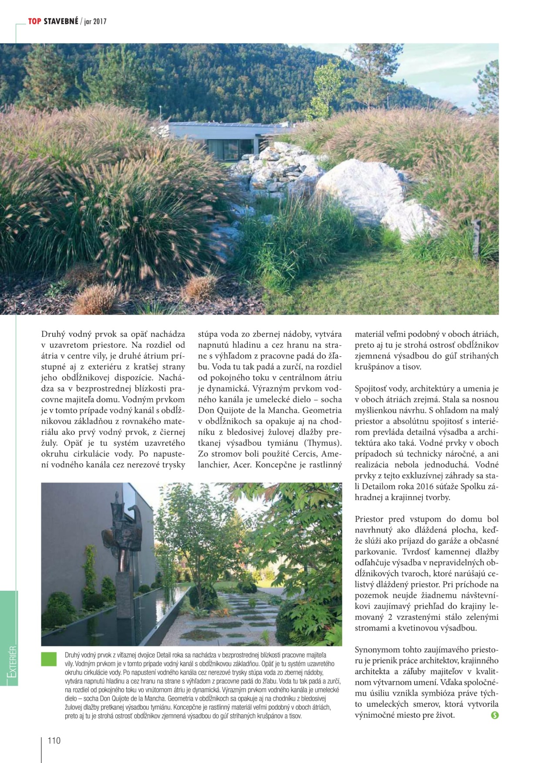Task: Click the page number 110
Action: click(x=54, y=740)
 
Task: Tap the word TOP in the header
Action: click(x=34, y=21)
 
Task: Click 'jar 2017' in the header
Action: click(x=95, y=21)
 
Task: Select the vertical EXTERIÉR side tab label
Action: click(x=12, y=661)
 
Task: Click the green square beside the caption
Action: click(x=49, y=659)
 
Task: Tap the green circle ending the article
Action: click(x=494, y=715)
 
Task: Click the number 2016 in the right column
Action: click(x=425, y=486)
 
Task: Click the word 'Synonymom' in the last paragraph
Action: click(x=377, y=650)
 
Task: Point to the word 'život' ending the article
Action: click(x=443, y=715)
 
